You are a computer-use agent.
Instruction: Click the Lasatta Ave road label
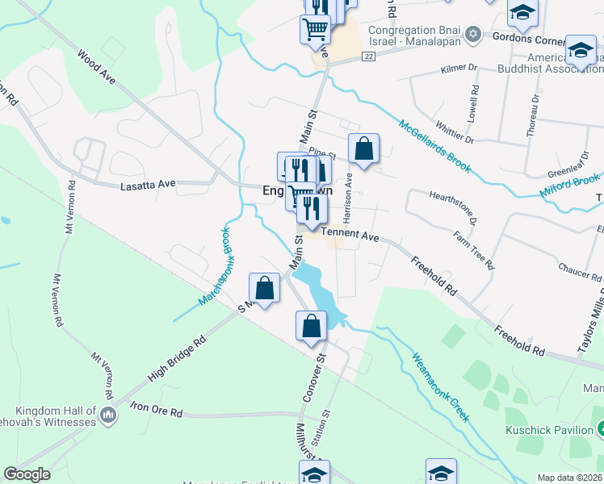coord(148,184)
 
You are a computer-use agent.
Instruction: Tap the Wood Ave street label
coord(96,66)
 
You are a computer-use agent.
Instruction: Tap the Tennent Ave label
coord(350,236)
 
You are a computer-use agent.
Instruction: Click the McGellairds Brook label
coord(434,145)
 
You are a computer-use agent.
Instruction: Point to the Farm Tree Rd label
coord(474,250)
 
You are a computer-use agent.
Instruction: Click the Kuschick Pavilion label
coord(549,430)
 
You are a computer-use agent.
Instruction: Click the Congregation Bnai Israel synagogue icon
coord(473,35)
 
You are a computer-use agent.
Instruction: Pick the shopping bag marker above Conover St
coord(311,327)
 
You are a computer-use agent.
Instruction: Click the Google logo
coord(27,474)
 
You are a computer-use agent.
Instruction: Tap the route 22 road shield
coord(368,55)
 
